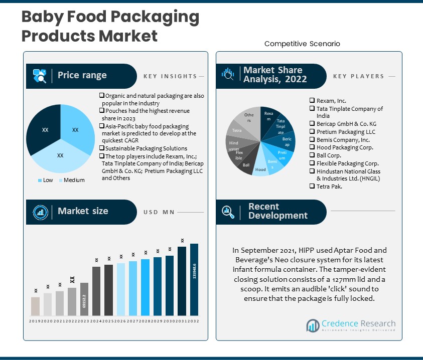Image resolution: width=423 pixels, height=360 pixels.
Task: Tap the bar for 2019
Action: (35, 306)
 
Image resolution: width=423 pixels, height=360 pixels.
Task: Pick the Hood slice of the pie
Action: (260, 169)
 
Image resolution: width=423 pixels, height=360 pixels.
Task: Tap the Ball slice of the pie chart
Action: (246, 164)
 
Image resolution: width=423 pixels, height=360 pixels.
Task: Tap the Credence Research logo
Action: (351, 326)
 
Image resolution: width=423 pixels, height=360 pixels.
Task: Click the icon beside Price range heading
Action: (40, 76)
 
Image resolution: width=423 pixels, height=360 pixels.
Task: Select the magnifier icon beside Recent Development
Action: (228, 212)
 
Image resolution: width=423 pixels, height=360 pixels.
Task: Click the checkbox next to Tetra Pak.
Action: (312, 187)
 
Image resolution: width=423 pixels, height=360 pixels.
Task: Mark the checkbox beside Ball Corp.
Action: (312, 155)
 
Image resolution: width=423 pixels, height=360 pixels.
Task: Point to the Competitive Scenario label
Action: (302, 44)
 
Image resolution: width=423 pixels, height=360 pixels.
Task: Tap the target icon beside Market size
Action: (40, 212)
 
